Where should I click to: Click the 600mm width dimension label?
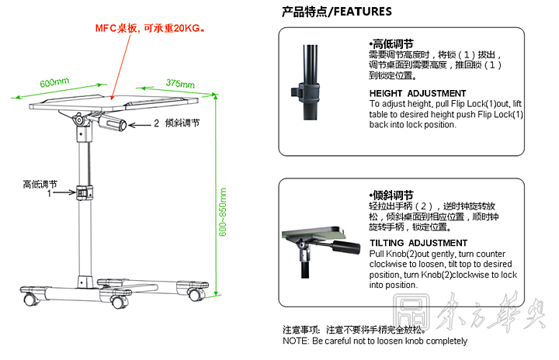54,82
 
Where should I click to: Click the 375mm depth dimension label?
179,83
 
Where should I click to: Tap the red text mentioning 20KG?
151,29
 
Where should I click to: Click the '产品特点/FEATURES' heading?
336,12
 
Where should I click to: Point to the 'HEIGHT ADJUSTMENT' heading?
418,93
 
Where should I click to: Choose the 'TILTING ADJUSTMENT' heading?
418,243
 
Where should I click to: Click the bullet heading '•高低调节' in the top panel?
391,44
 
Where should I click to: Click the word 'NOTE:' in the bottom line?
296,341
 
